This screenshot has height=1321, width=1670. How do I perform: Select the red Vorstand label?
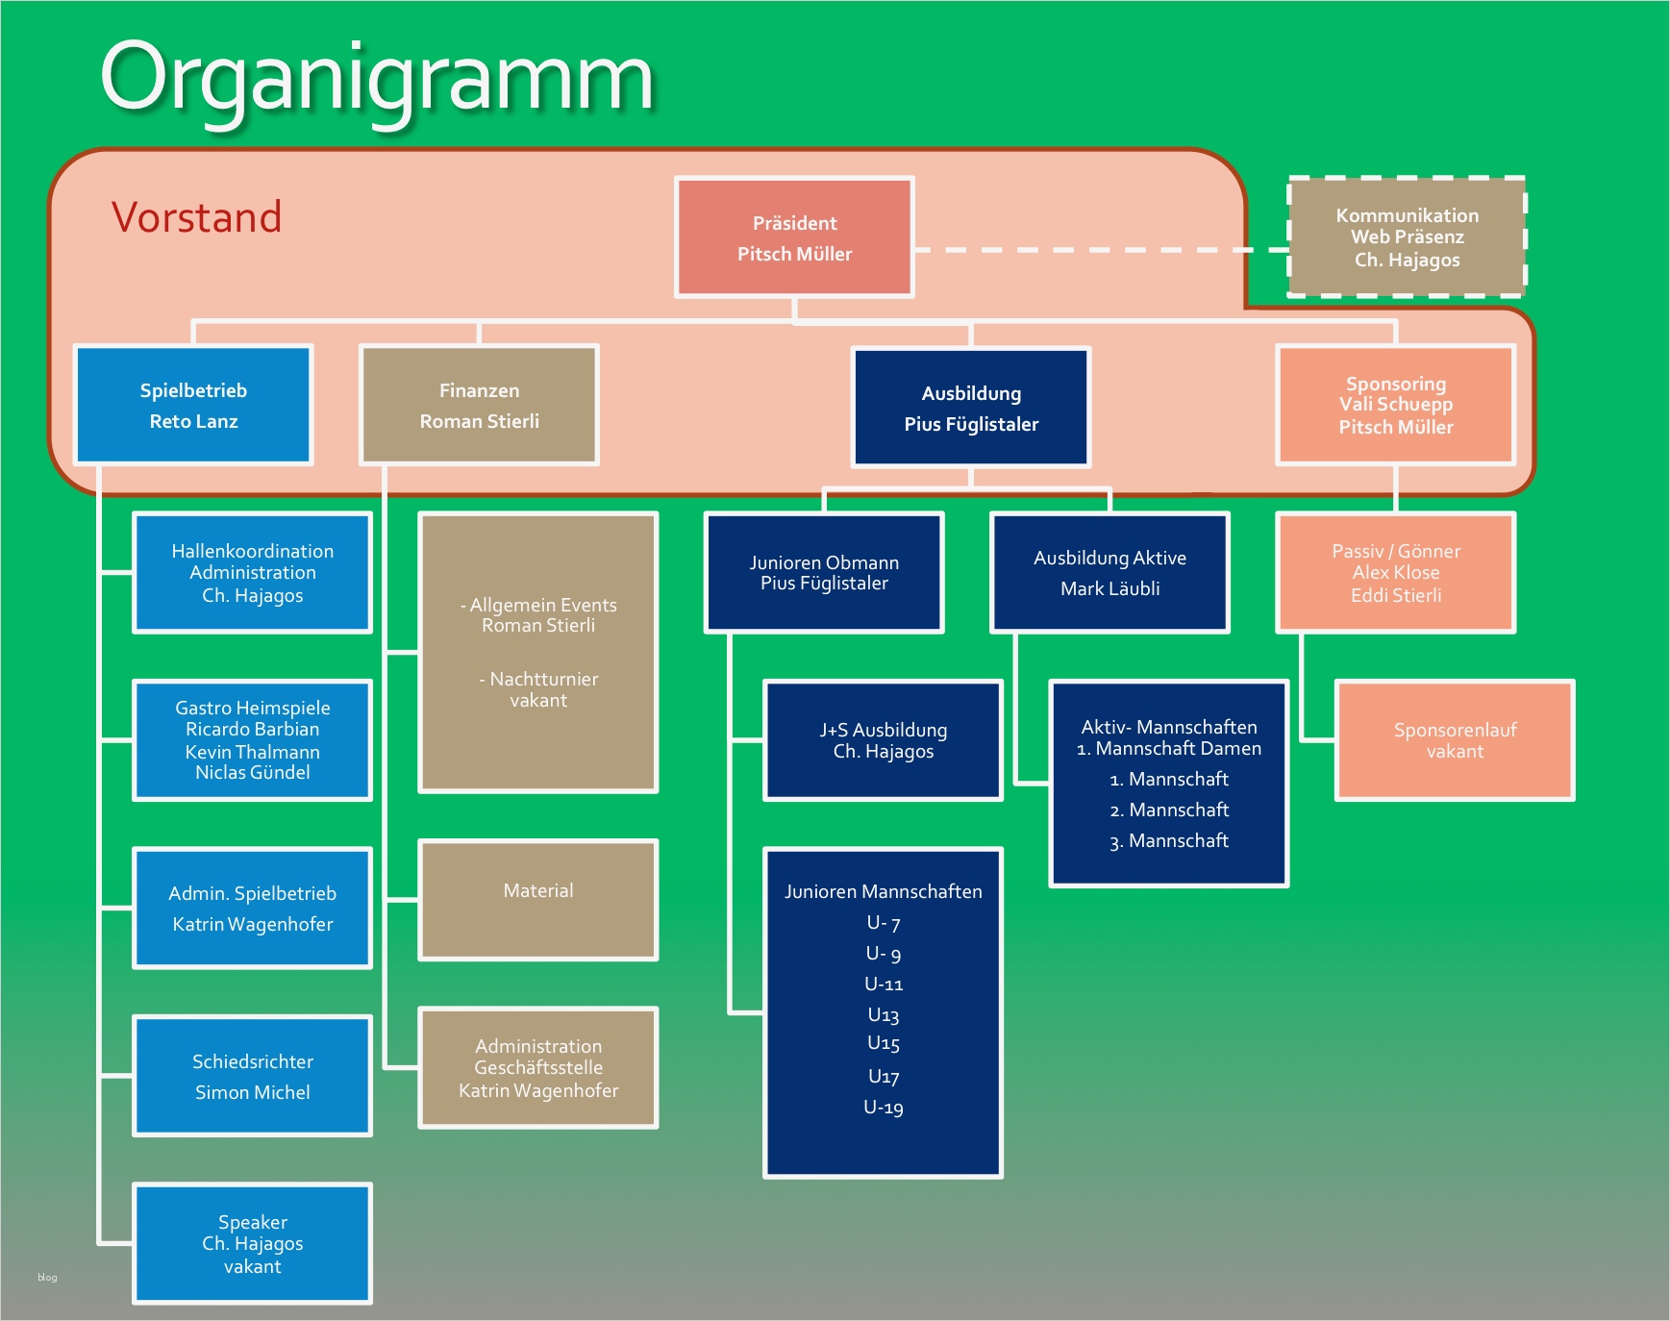point(196,217)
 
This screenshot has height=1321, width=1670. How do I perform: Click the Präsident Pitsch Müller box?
point(794,237)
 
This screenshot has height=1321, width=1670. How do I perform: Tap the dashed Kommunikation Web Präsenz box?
point(1407,237)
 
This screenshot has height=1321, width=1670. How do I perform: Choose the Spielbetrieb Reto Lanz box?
point(193,405)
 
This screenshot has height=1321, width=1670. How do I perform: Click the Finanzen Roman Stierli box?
point(479,405)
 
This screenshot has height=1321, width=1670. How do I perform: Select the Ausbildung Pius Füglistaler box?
point(971,408)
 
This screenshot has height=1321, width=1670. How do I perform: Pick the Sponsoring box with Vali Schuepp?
point(1396,405)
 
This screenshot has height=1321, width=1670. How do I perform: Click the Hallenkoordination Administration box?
point(252,573)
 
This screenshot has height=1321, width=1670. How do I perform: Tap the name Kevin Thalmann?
point(253,752)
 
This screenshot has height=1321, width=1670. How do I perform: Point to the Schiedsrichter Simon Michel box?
point(252,1076)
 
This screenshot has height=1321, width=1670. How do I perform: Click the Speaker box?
point(252,1243)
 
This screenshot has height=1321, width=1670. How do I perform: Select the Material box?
point(538,900)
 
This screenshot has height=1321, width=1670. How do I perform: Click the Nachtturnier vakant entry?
point(538,689)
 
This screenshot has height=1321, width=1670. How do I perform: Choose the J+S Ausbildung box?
point(883,740)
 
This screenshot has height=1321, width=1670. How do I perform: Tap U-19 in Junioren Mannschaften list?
point(884,1108)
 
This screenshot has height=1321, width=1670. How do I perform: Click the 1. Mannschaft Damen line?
point(1169,748)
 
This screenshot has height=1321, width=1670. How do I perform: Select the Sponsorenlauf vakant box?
point(1455,740)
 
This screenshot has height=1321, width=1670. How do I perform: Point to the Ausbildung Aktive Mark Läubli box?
point(1109,573)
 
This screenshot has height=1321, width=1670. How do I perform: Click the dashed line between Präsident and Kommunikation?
point(1101,250)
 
